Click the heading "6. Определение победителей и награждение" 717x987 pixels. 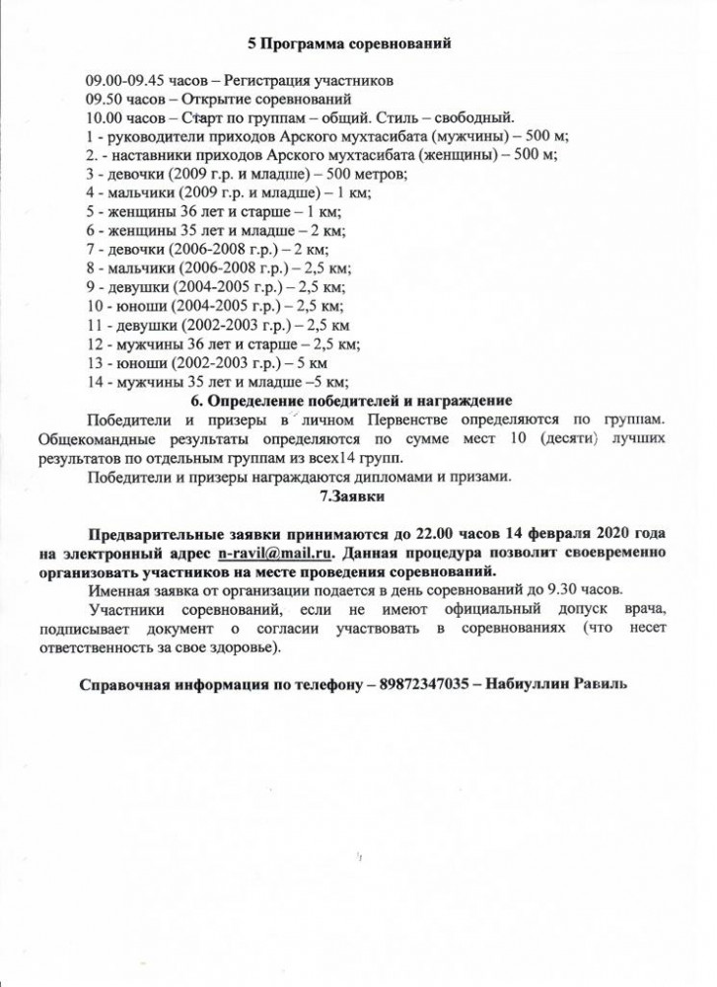point(350,401)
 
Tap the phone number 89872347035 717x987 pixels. point(428,684)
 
